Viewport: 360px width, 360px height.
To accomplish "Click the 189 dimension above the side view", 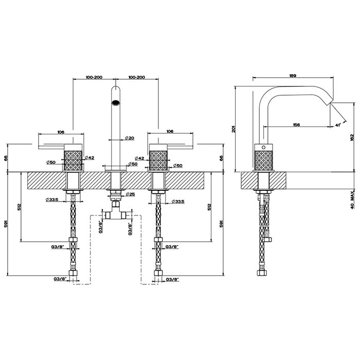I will tap(292, 76).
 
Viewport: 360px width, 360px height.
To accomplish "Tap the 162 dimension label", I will tap(351, 138).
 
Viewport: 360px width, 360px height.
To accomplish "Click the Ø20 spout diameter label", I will tap(130, 138).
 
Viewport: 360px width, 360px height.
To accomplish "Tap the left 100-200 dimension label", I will tap(94, 77).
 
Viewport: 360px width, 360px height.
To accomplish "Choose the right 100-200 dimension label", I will tap(137, 77).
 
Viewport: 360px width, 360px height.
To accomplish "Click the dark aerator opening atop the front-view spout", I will tap(116, 101).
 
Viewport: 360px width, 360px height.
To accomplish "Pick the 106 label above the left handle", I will tap(61, 132).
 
